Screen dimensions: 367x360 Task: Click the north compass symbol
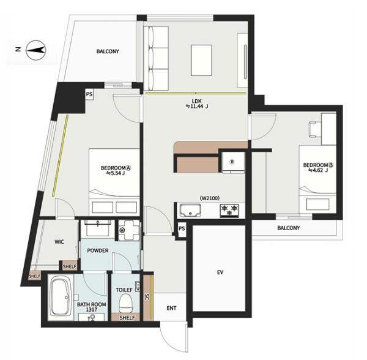pos(35,50)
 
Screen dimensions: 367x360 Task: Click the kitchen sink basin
pos(190,210)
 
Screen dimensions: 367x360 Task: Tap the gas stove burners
pos(229,211)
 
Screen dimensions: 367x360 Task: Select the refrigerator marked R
pos(233,162)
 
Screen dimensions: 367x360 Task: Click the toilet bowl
pos(126,303)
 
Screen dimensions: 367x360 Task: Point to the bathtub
pos(61,296)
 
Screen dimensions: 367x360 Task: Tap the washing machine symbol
pos(128,230)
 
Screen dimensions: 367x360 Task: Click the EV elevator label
pos(220,272)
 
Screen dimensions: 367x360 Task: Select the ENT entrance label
pos(171,308)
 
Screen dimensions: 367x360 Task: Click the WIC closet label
pos(59,242)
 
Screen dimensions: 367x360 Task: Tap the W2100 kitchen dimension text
pos(210,198)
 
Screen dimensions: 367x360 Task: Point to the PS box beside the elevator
pos(182,228)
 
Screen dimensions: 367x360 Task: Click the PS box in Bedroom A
pos(89,94)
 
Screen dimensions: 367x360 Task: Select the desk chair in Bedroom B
pos(314,129)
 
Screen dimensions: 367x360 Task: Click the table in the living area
pos(201,60)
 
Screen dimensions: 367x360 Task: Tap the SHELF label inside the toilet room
pos(127,318)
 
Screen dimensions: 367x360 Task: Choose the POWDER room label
pos(98,250)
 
